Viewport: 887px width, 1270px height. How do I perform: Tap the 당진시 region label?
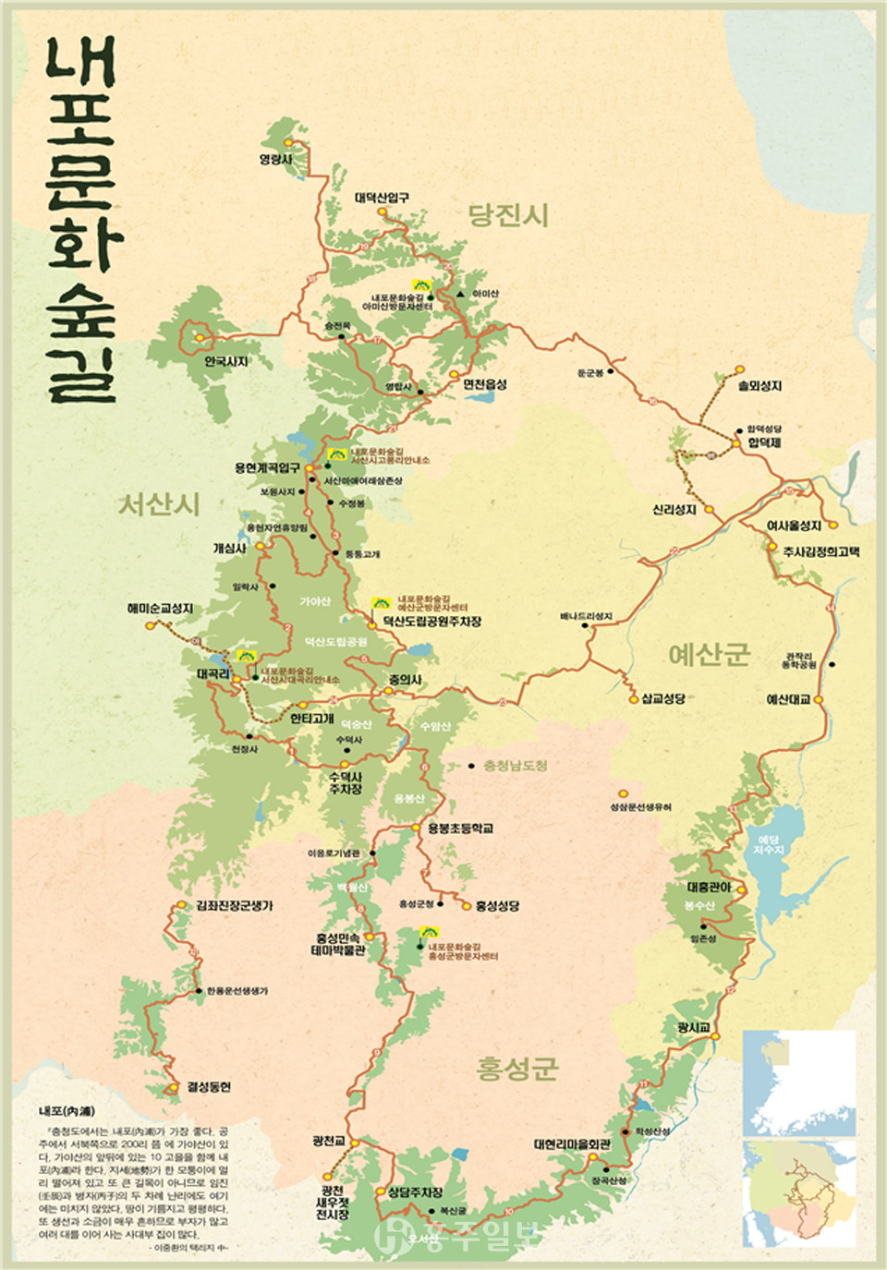pyautogui.click(x=508, y=215)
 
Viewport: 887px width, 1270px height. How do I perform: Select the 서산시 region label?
pyautogui.click(x=159, y=504)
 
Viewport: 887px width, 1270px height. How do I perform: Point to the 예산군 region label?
pyautogui.click(x=709, y=655)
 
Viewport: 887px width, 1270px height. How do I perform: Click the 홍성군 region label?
pyautogui.click(x=517, y=1069)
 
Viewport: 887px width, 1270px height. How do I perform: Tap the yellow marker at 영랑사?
pyautogui.click(x=288, y=143)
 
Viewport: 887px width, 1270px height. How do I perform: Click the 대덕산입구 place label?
pyautogui.click(x=382, y=198)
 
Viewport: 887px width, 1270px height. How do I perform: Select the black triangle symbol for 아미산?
pyautogui.click(x=459, y=294)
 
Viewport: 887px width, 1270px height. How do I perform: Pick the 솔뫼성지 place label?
pyautogui.click(x=759, y=386)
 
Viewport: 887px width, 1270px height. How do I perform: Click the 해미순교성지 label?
pyautogui.click(x=160, y=609)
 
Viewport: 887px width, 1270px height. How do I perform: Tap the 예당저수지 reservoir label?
pyautogui.click(x=768, y=844)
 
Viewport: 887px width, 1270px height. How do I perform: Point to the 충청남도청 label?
pyautogui.click(x=515, y=766)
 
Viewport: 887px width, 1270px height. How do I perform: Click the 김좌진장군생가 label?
pyautogui.click(x=234, y=906)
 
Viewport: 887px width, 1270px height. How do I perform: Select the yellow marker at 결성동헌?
pyautogui.click(x=172, y=1088)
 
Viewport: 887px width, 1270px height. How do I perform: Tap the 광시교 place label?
pyautogui.click(x=693, y=1027)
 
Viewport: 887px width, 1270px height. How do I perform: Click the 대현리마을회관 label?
pyautogui.click(x=572, y=1144)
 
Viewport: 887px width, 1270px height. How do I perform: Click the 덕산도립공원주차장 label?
pyautogui.click(x=431, y=623)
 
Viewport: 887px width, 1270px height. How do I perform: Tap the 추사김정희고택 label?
pyautogui.click(x=821, y=551)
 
